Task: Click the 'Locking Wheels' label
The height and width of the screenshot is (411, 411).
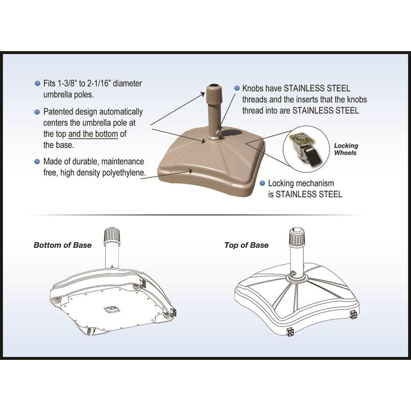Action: [x=346, y=149]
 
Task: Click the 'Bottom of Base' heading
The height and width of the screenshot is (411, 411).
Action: [x=62, y=245]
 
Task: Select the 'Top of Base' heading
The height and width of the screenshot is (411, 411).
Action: [x=246, y=245]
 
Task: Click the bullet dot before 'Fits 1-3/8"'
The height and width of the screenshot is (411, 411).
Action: [x=37, y=83]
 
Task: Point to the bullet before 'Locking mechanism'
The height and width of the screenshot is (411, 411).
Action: [x=262, y=183]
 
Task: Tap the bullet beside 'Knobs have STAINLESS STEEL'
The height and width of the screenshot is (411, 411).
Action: [x=237, y=88]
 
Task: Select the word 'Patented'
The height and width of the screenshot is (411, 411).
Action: [x=58, y=111]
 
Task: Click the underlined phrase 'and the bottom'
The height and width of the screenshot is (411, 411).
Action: [x=93, y=134]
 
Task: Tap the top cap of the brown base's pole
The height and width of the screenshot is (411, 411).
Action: [x=213, y=90]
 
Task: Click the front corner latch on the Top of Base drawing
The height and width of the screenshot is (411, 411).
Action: [x=290, y=332]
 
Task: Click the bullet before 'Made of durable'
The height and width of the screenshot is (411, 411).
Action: [x=37, y=162]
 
